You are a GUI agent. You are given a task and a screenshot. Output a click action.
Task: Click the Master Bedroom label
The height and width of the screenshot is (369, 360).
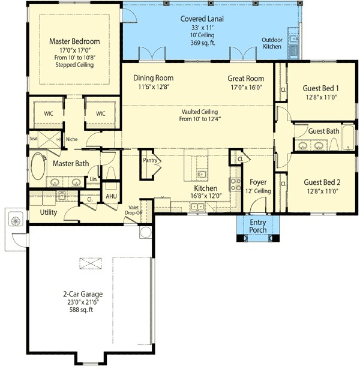click(x=74, y=41)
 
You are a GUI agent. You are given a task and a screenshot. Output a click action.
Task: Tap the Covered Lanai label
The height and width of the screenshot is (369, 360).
click(x=202, y=19)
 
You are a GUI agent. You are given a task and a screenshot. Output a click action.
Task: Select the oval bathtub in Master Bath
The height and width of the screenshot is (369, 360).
click(x=38, y=166)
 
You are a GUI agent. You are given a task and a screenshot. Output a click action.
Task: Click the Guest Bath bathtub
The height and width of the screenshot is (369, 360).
click(x=348, y=137)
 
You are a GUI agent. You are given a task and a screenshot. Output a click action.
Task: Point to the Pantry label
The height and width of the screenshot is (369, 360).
click(x=150, y=160)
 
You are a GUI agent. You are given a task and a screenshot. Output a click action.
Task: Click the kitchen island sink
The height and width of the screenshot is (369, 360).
click(x=202, y=175)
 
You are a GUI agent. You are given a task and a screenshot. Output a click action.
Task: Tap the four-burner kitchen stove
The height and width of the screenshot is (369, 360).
click(x=235, y=184)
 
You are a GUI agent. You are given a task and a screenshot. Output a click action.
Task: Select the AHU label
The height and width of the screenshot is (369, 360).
click(x=111, y=196)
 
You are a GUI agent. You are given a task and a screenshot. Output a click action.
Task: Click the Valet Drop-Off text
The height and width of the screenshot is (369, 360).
click(x=133, y=210)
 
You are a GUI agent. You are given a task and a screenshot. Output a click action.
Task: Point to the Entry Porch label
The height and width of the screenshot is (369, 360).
click(x=258, y=226)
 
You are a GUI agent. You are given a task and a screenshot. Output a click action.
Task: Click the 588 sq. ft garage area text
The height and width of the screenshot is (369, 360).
click(x=81, y=310)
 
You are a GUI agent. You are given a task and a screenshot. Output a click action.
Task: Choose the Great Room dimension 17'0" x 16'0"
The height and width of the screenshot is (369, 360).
click(x=246, y=88)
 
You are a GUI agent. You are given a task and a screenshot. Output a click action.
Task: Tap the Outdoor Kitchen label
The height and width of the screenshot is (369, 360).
click(x=272, y=43)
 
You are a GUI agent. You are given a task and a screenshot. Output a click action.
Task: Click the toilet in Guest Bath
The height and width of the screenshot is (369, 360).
click(x=334, y=144)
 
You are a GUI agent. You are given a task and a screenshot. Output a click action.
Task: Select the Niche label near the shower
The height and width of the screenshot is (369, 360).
click(x=72, y=139)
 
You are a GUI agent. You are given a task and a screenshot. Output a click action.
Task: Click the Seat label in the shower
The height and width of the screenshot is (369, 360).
click(x=34, y=139)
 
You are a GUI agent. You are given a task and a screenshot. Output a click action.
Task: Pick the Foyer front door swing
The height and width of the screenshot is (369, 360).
click(x=257, y=205)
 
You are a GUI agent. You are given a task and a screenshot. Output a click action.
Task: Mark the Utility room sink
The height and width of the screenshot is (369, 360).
click(x=62, y=196)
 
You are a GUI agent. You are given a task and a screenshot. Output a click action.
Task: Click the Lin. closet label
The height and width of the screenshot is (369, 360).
click(x=94, y=179)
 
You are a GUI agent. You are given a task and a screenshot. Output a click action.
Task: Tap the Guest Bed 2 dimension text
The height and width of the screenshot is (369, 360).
click(x=322, y=191)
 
